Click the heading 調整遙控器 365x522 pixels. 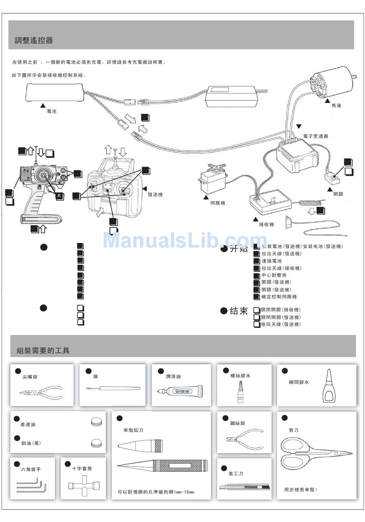pyautogui.click(x=34, y=40)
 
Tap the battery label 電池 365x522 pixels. pyautogui.click(x=51, y=111)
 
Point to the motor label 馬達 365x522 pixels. pyautogui.click(x=336, y=105)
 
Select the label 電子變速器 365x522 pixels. pyautogui.click(x=315, y=136)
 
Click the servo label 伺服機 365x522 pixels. pyautogui.click(x=217, y=203)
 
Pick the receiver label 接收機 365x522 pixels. pyautogui.click(x=266, y=225)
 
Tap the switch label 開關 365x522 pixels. pyautogui.click(x=338, y=194)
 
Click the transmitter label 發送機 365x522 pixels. pyautogui.click(x=155, y=195)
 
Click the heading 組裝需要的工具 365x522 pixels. pyautogui.click(x=43, y=350)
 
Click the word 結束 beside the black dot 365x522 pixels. pyautogui.click(x=239, y=311)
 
